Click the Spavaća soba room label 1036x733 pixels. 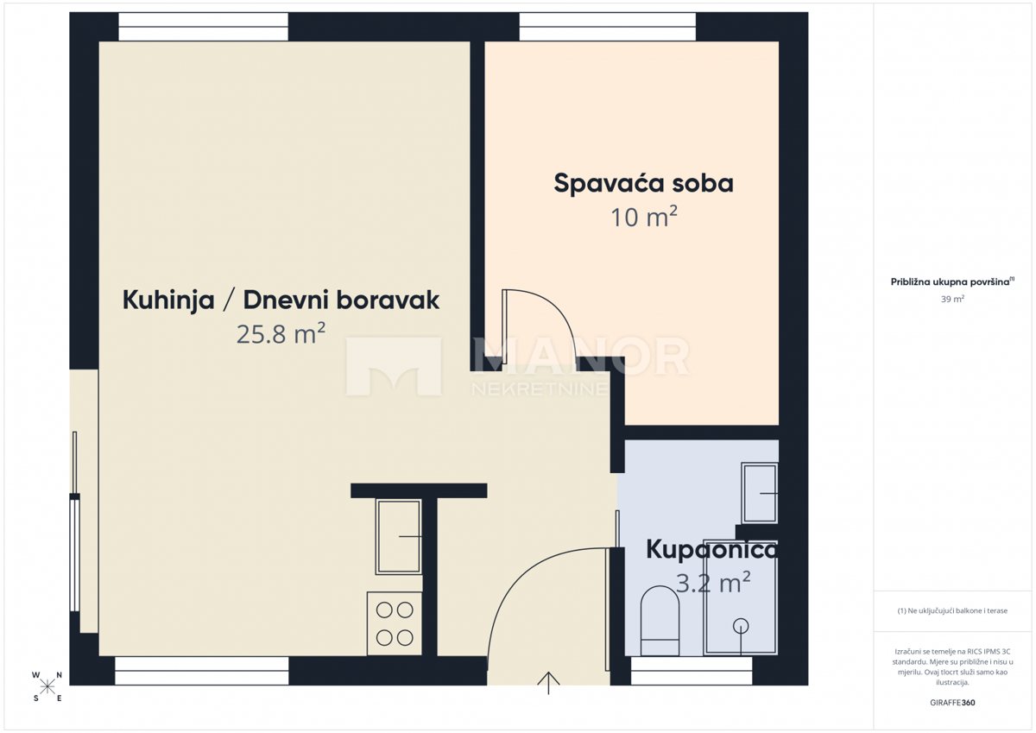pyautogui.click(x=643, y=184)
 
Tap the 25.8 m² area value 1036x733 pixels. pyautogui.click(x=281, y=333)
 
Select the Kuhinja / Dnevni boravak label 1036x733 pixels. pyautogui.click(x=281, y=300)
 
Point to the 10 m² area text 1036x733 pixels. pyautogui.click(x=643, y=218)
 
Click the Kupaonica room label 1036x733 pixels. pyautogui.click(x=711, y=550)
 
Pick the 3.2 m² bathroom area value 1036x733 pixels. pyautogui.click(x=713, y=583)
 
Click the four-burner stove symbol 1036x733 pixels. pyautogui.click(x=395, y=623)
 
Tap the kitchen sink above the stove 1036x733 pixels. pyautogui.click(x=398, y=536)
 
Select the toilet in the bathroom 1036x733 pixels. pyautogui.click(x=661, y=621)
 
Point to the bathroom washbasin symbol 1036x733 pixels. pyautogui.click(x=760, y=492)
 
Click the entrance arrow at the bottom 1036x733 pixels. pyautogui.click(x=548, y=681)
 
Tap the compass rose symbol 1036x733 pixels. pyautogui.click(x=47, y=686)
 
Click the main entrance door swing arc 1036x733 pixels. pyautogui.click(x=535, y=587)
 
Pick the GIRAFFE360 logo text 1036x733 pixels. pyautogui.click(x=952, y=703)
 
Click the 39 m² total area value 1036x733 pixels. pyautogui.click(x=952, y=299)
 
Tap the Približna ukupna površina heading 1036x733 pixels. pyautogui.click(x=952, y=281)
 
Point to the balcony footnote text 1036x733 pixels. pyautogui.click(x=952, y=610)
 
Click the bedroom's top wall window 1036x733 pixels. pyautogui.click(x=607, y=27)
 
